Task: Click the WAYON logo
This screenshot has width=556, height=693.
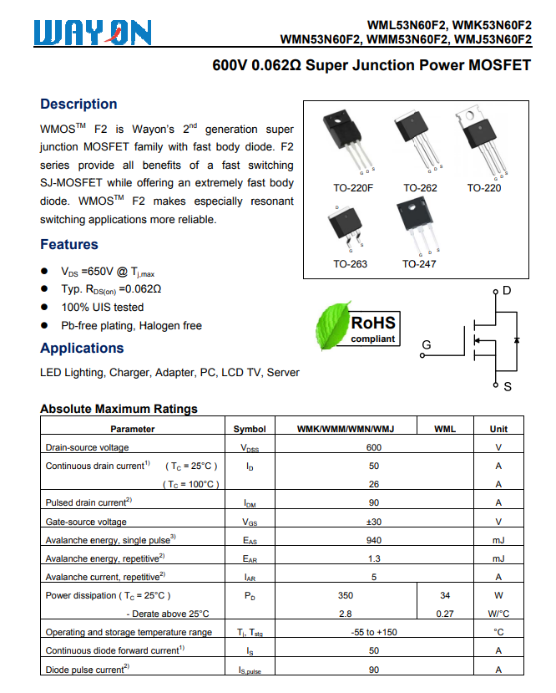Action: [x=93, y=33]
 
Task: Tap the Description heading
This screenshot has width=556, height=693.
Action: [x=78, y=104]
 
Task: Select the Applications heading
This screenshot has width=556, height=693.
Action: [x=82, y=349]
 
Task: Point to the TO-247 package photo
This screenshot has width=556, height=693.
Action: [x=418, y=227]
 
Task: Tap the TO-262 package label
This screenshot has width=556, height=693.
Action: [x=420, y=188]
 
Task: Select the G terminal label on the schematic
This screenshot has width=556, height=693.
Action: [x=426, y=345]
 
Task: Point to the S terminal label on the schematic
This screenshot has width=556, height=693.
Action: [x=508, y=387]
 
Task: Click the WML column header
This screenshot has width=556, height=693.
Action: [x=445, y=429]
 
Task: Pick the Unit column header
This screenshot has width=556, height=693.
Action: [x=498, y=429]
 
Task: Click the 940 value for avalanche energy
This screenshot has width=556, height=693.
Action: [x=373, y=540]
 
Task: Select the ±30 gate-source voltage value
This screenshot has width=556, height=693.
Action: [x=373, y=522]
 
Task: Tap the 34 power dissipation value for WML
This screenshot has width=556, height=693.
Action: [x=445, y=595]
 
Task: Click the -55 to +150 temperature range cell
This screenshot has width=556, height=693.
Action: [x=373, y=632]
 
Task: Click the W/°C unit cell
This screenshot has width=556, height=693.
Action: [x=498, y=614]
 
